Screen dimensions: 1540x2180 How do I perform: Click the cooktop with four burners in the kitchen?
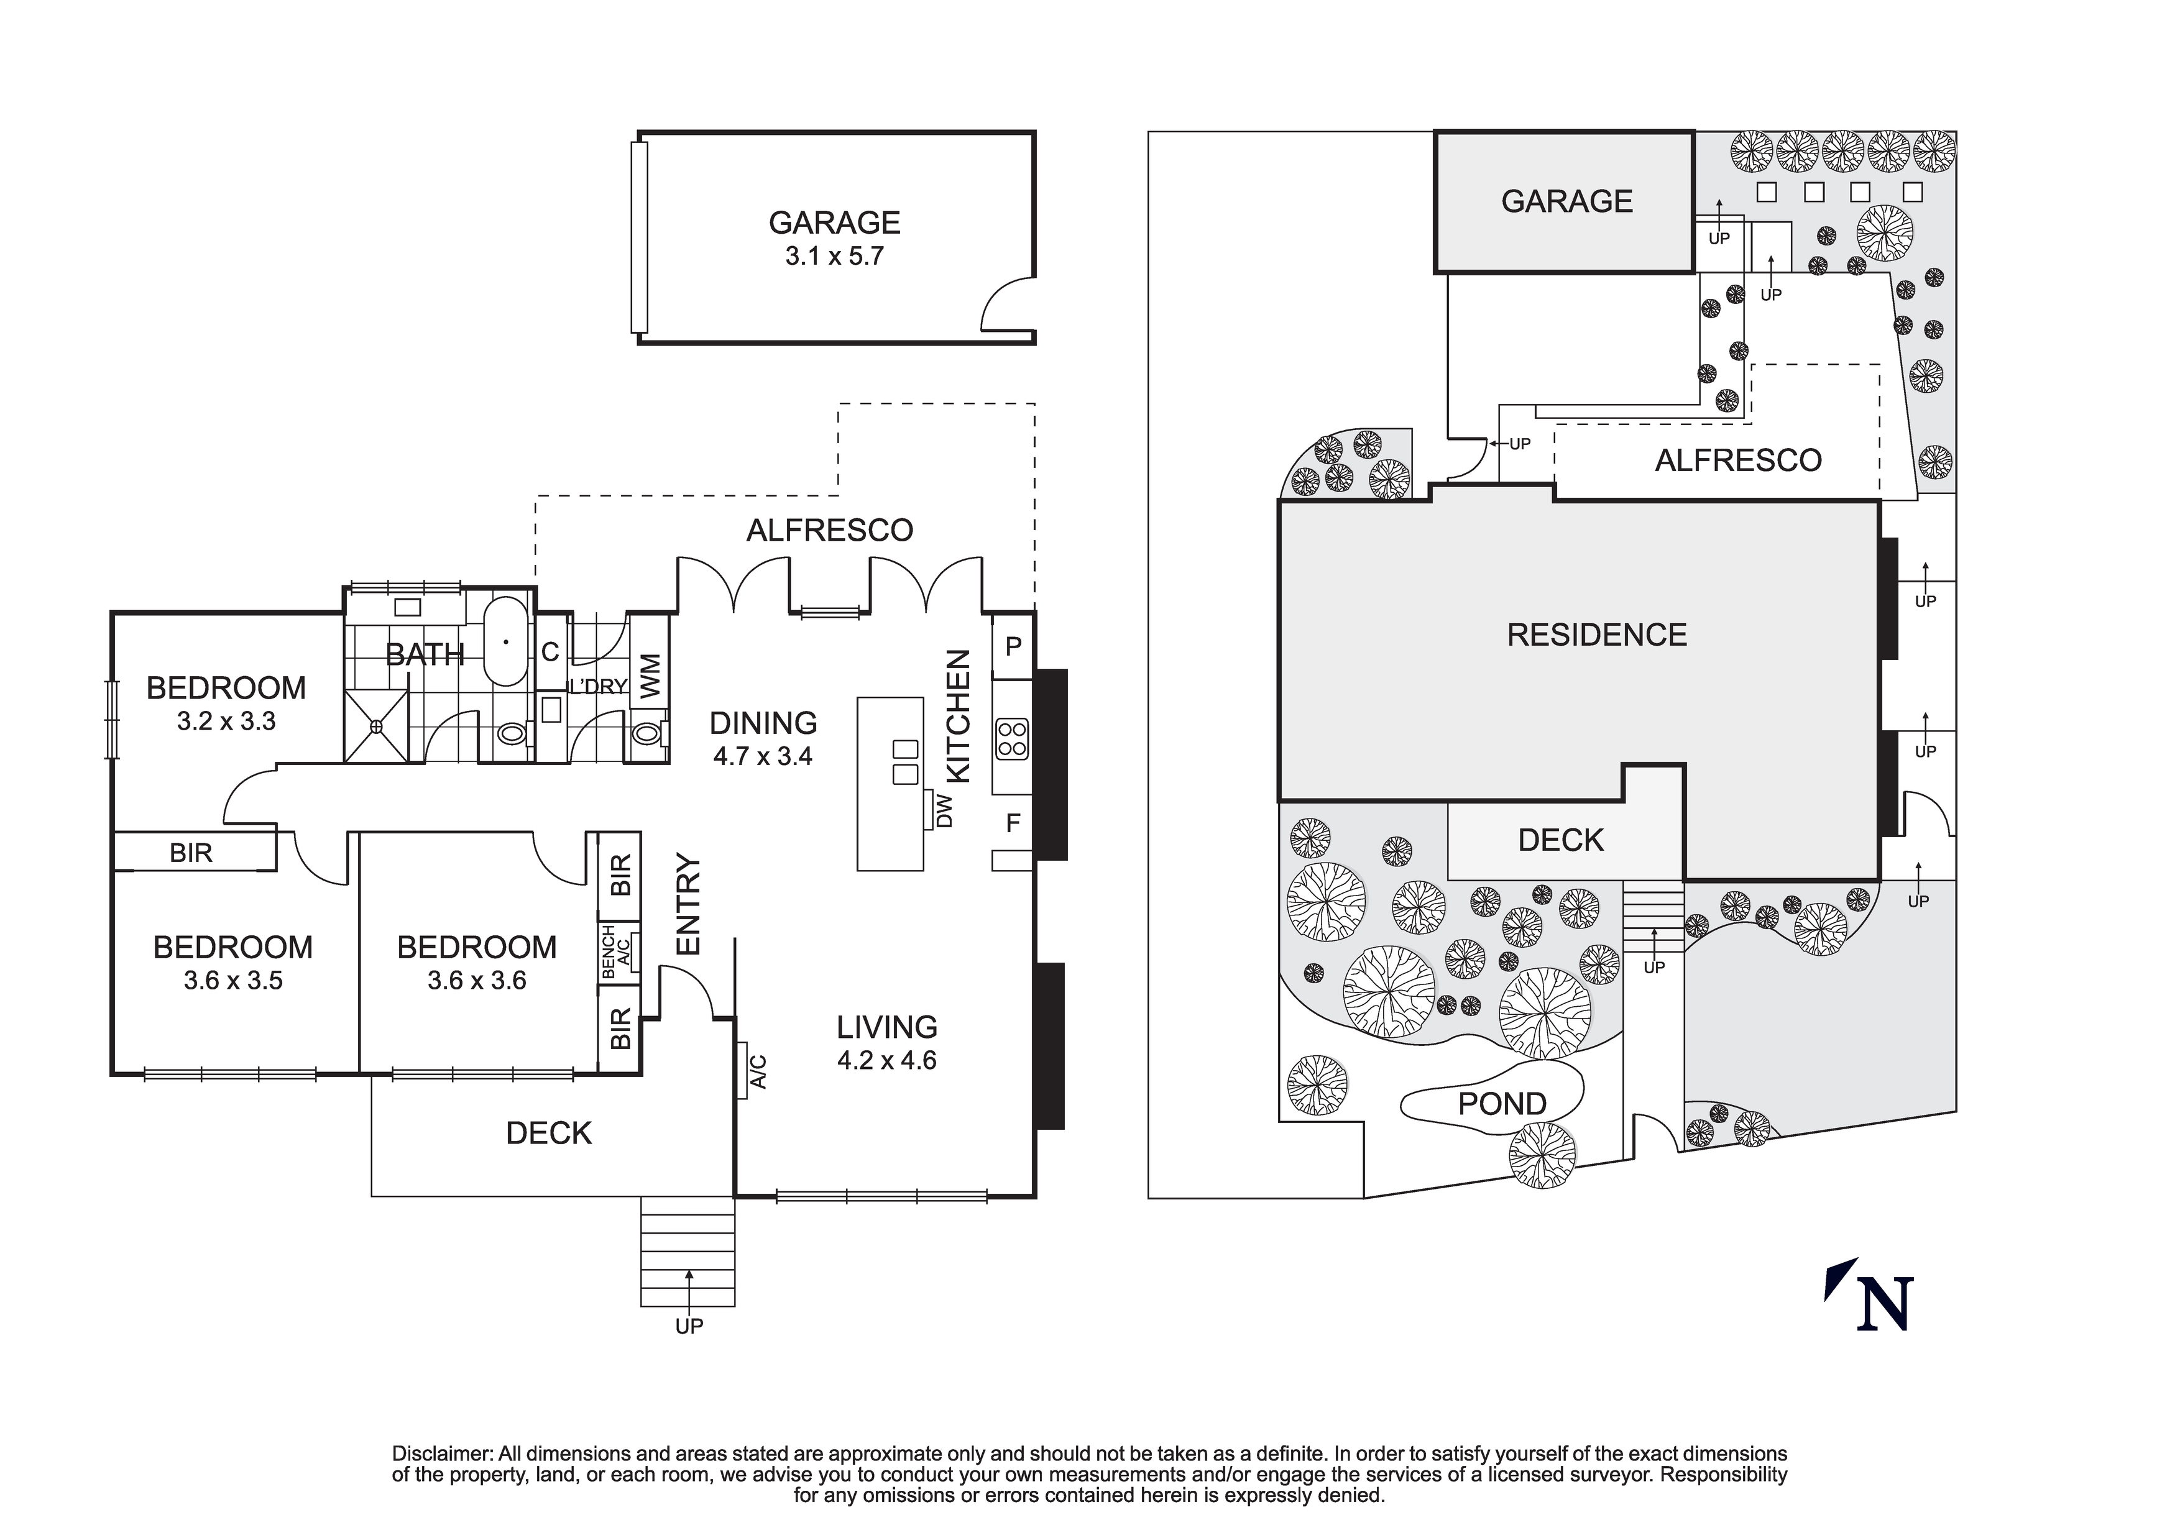tap(1012, 739)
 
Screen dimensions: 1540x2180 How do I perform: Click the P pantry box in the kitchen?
tap(1013, 646)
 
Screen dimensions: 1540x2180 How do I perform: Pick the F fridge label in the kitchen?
tap(1013, 822)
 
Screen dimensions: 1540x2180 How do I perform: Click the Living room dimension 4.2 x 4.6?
tap(887, 1060)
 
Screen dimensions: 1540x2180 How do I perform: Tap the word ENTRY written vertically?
tap(688, 904)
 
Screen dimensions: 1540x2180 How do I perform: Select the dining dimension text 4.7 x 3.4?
tap(763, 757)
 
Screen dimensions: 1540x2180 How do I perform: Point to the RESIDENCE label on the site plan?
tap(1596, 635)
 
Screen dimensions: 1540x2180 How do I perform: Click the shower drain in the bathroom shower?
tap(376, 726)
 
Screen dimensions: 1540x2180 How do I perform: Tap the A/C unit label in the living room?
tap(757, 1072)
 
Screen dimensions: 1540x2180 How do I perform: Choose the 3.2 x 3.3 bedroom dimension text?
tap(226, 722)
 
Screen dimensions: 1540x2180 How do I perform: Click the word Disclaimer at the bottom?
tap(443, 1454)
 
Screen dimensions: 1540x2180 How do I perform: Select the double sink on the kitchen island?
tap(905, 761)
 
